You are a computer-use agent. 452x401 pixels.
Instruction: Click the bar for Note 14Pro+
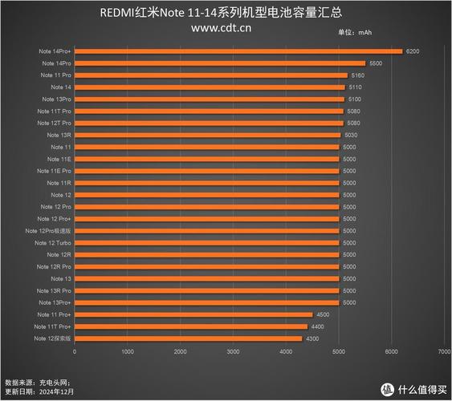pos(238,51)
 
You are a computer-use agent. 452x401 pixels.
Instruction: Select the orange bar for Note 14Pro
pos(219,63)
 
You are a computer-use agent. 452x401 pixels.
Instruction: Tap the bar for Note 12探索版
pos(188,339)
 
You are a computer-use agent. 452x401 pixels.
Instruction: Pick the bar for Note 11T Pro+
pos(190,327)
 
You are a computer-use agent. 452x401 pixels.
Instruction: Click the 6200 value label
pos(413,51)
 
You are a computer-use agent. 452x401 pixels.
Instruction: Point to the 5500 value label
pos(376,63)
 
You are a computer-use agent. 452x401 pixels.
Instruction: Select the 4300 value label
pos(312,339)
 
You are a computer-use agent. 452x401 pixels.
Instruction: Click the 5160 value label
pos(358,75)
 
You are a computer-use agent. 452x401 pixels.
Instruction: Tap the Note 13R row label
pos(60,135)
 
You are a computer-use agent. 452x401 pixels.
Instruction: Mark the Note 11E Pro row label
pos(55,171)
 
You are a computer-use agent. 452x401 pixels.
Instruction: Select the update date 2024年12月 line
pos(39,392)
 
